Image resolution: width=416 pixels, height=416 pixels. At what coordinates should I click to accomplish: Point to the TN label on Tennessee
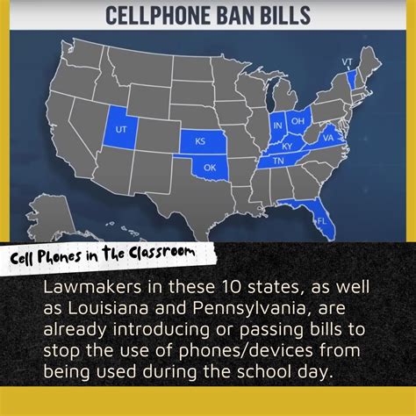coord(276,161)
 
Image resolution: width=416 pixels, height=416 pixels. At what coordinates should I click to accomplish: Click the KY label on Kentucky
coord(287,146)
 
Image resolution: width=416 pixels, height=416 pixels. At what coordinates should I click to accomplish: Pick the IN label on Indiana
coord(278,126)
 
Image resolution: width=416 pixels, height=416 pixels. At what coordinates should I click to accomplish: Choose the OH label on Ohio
coord(298,120)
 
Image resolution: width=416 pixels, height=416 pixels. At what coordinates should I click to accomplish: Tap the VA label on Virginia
coord(327,138)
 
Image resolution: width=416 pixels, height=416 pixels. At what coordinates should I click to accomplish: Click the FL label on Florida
coord(321,221)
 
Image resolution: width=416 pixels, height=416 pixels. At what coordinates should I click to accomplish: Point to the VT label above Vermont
coord(347,61)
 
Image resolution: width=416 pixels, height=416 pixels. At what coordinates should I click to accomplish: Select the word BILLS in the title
coord(282,15)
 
